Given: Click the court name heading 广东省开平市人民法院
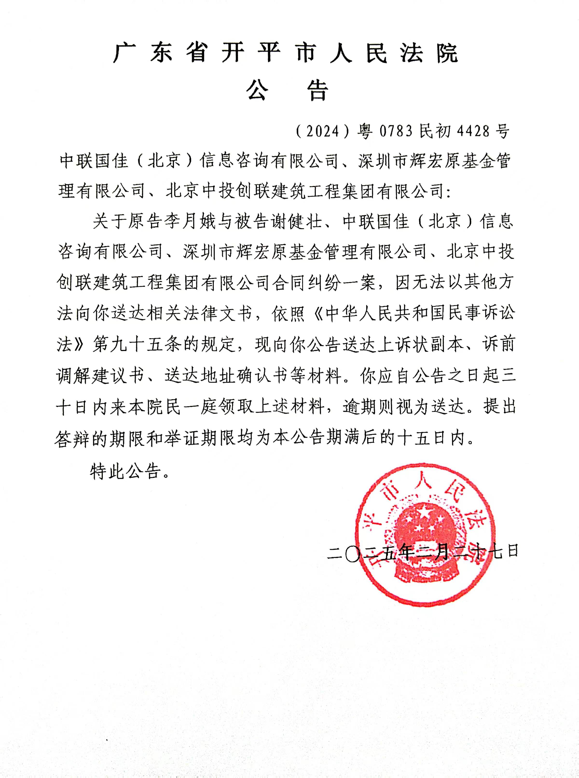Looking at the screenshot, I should click(286, 54).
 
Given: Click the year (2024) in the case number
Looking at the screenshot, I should click(323, 131).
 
